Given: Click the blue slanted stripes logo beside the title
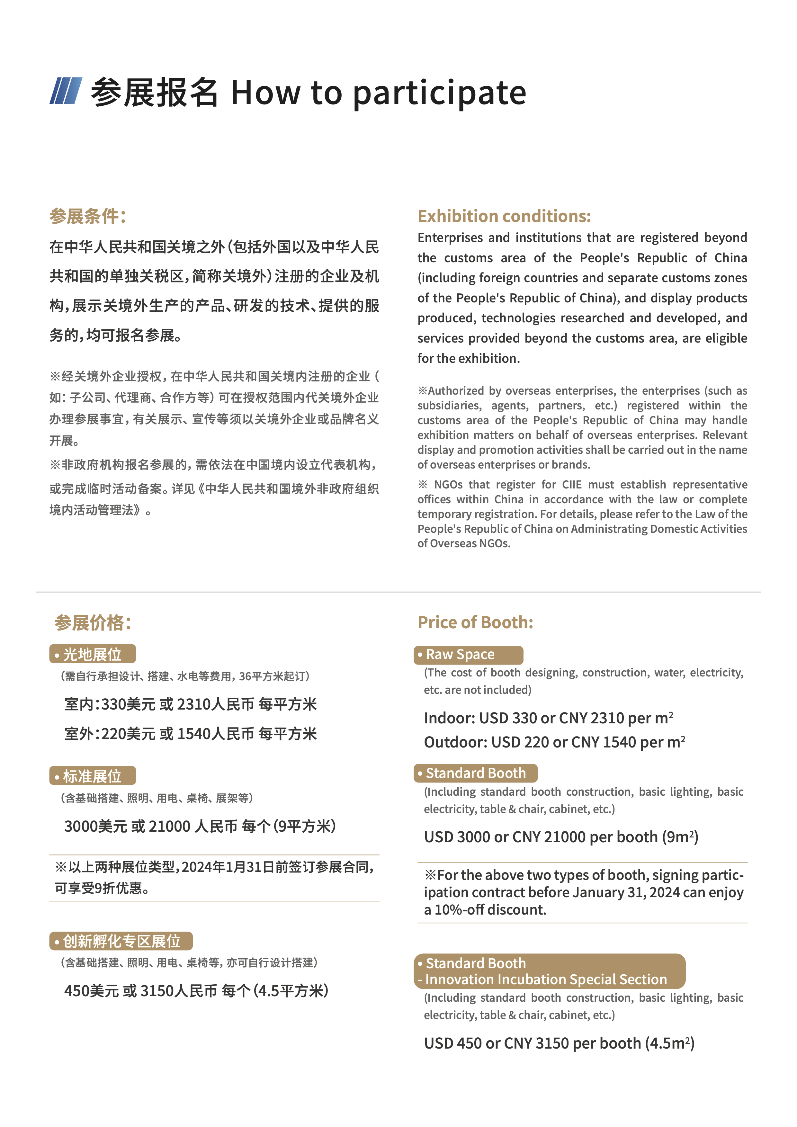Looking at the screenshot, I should click(66, 91).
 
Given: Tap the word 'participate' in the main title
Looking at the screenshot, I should click(439, 93).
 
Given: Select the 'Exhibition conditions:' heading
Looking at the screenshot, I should click(504, 217).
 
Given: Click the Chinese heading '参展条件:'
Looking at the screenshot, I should click(88, 217).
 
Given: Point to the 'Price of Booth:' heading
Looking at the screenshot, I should click(475, 622).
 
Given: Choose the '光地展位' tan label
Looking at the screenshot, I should click(92, 654).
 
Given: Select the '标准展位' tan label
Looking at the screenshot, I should click(92, 776).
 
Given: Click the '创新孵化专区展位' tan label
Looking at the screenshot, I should click(121, 941).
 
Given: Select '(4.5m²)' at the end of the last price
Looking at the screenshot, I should click(669, 1043).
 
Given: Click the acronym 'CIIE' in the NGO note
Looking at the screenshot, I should click(572, 485).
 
